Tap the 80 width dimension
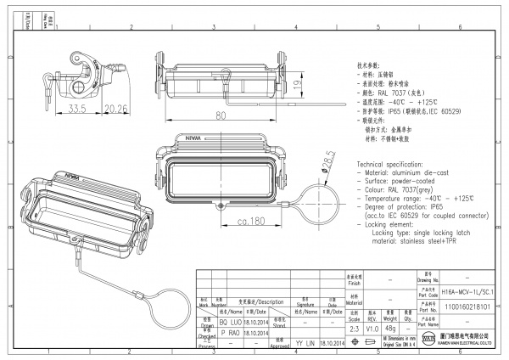click(221, 115)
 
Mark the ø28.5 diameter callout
click(326, 161)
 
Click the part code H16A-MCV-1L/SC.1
click(472, 290)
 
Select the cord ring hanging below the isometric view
click(176, 312)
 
